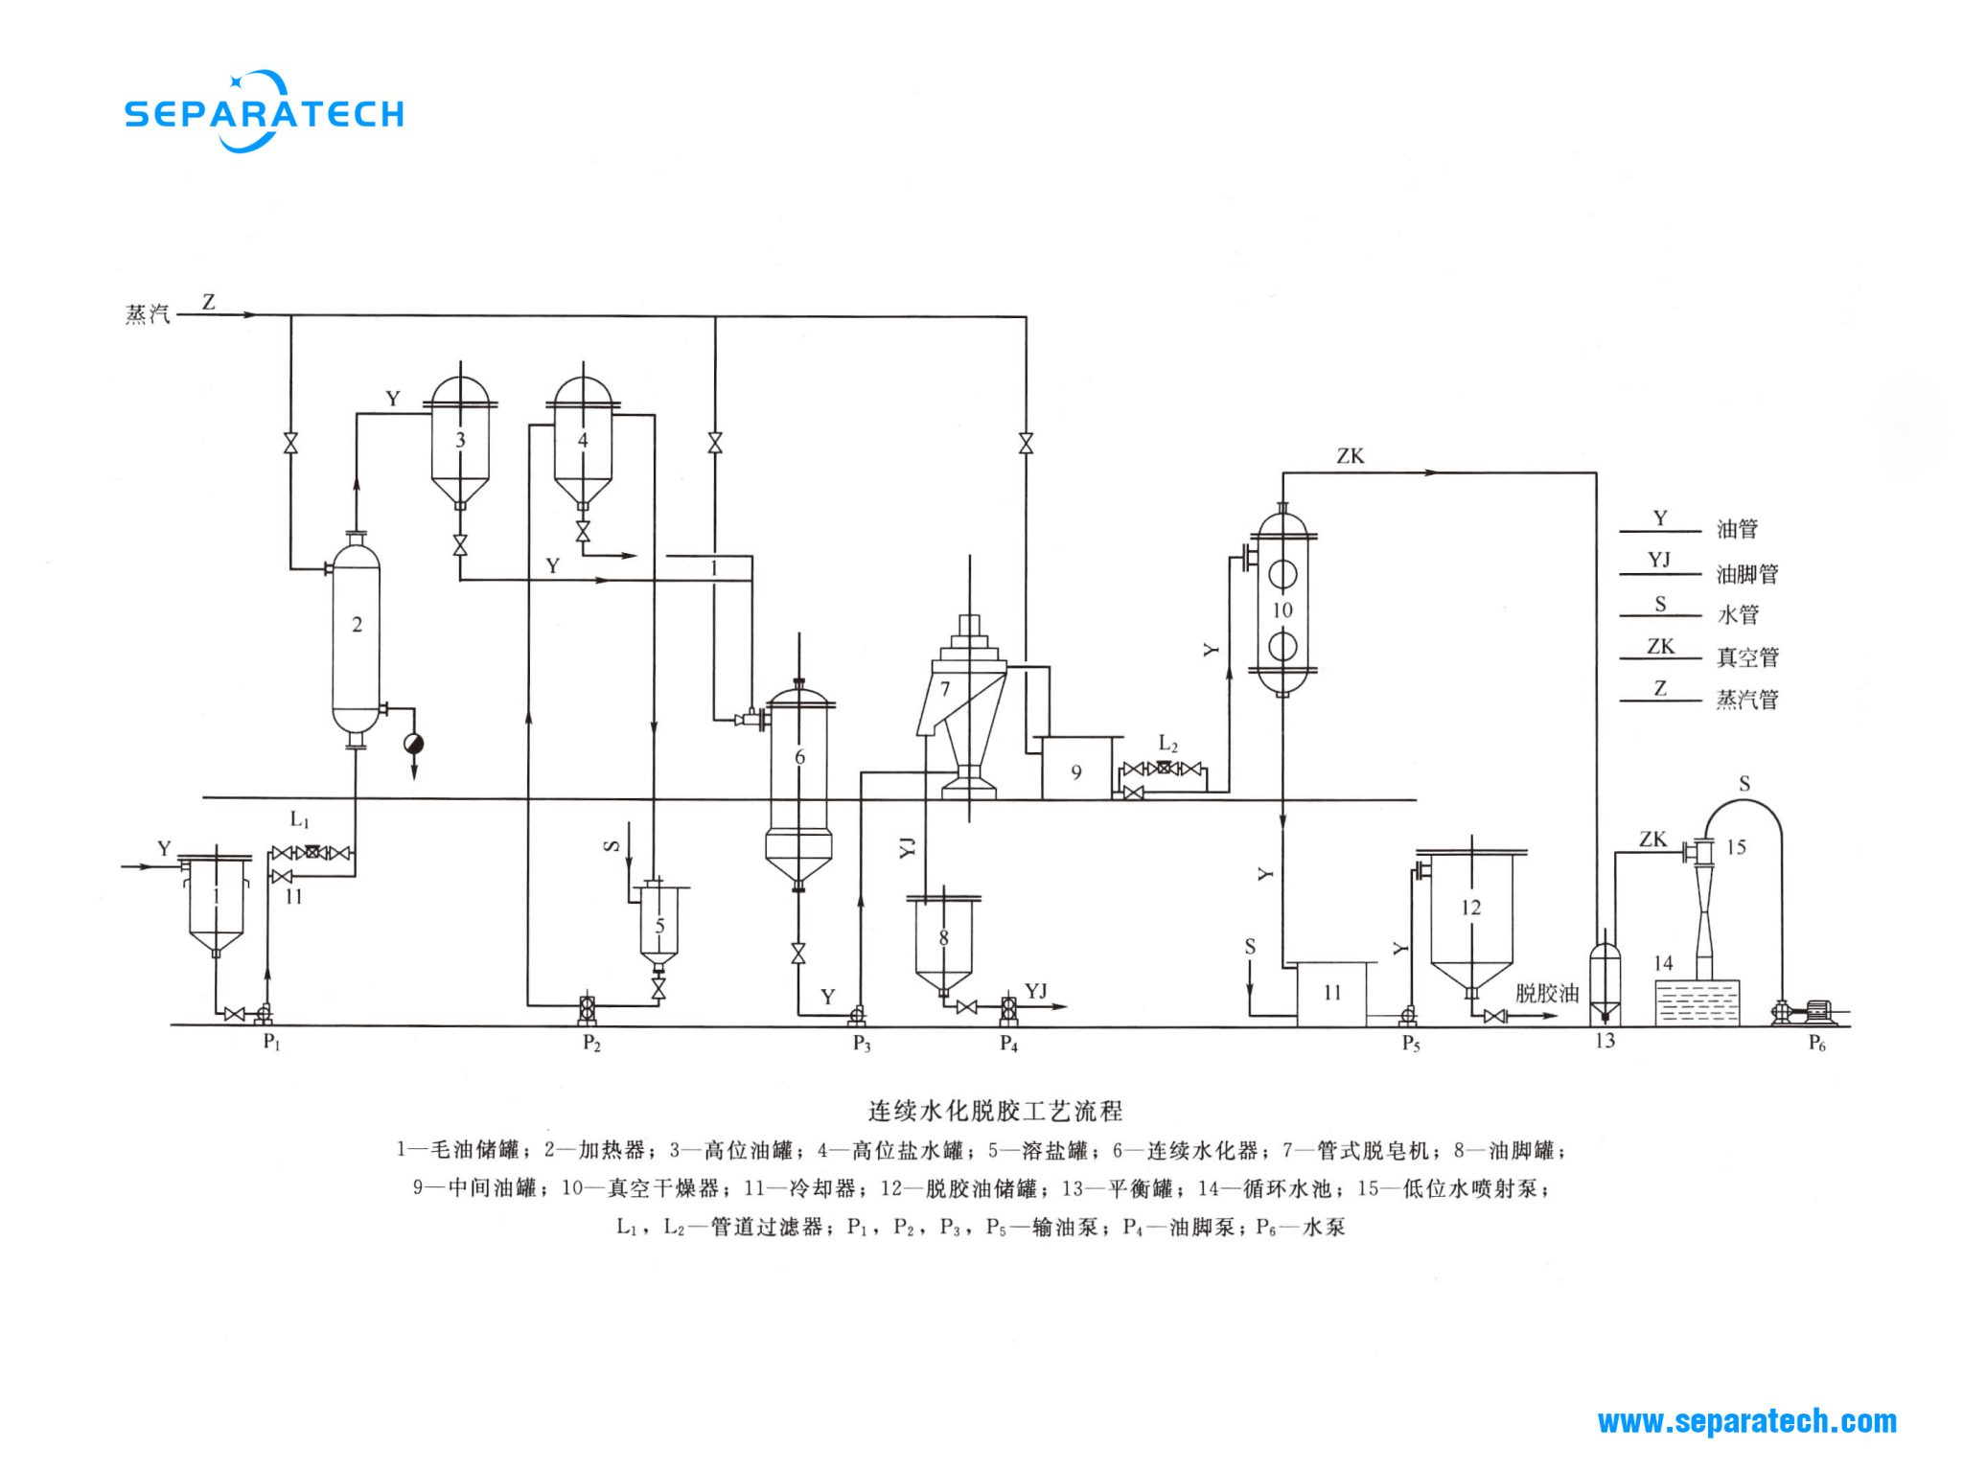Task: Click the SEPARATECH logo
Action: point(264,112)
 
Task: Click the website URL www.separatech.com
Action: point(1746,1421)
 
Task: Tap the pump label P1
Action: point(271,1042)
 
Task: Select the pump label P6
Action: point(1816,1044)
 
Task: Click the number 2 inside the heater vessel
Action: point(357,625)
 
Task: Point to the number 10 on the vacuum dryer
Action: point(1282,610)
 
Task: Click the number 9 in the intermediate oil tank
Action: point(1076,772)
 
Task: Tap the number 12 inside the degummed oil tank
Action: point(1470,908)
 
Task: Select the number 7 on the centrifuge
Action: point(945,689)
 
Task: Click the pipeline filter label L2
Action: point(1167,744)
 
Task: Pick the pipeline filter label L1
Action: point(300,820)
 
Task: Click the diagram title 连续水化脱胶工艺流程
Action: point(995,1111)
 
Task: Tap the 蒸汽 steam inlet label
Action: point(148,314)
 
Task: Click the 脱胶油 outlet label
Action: point(1546,994)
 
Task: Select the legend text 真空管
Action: point(1746,657)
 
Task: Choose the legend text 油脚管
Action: point(1746,574)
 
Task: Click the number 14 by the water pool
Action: point(1663,963)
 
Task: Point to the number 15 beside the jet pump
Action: point(1736,847)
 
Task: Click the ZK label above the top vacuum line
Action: point(1350,456)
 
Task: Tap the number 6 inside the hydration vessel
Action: point(799,757)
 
